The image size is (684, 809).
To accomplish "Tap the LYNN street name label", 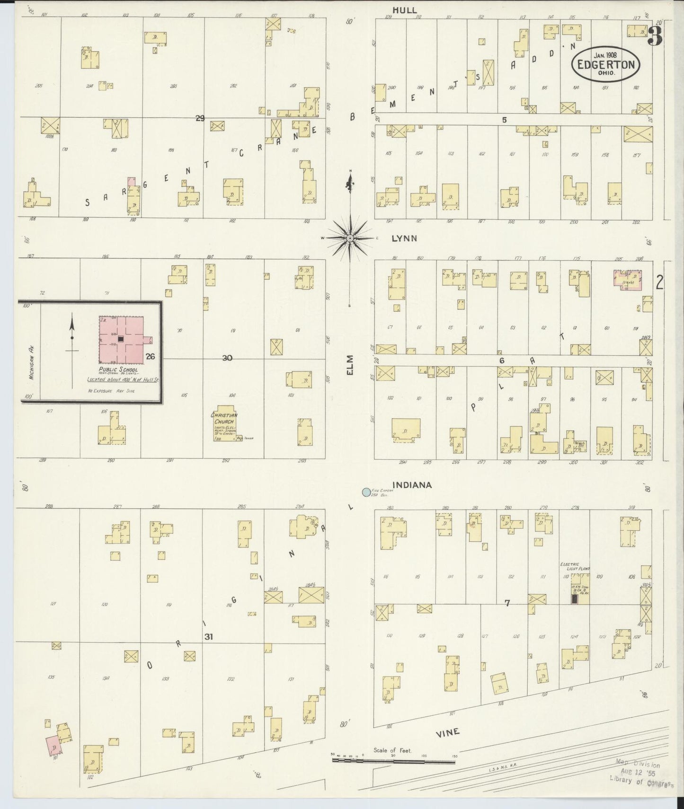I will [x=404, y=238].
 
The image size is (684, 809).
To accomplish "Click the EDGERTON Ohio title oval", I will [x=606, y=64].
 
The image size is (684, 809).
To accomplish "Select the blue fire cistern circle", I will [x=365, y=492].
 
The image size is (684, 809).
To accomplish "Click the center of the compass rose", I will [x=350, y=238].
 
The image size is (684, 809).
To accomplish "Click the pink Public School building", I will [x=121, y=339].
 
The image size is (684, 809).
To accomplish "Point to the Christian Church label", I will [x=224, y=418].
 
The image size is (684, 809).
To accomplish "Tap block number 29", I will [x=200, y=118].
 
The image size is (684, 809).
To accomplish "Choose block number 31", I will [x=208, y=637].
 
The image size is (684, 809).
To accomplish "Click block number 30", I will [x=227, y=358].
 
